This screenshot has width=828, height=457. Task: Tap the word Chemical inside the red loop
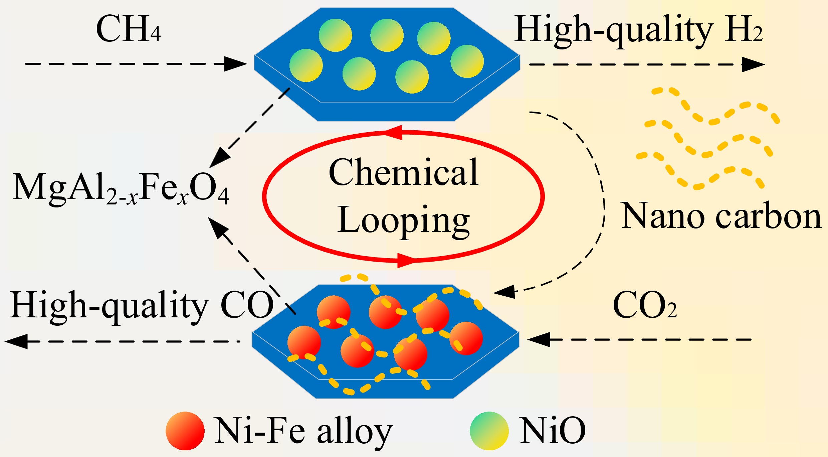pos(404,173)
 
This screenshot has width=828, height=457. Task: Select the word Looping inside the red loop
pos(404,221)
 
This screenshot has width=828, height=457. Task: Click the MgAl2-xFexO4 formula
pos(121,189)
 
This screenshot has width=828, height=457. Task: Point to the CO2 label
pos(645,305)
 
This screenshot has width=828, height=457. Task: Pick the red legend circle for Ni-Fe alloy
pos(185,431)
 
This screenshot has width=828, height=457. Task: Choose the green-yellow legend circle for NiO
pos(489,431)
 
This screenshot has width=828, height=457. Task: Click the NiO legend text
pos(553,431)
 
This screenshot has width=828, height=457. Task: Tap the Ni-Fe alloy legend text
pos(303,432)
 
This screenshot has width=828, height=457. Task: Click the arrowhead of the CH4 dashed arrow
pos(235,64)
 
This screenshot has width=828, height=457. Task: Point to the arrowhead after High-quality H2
pos(754,64)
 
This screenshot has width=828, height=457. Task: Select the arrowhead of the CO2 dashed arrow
pos(539,339)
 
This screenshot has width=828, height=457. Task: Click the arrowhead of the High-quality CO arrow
pos(16,341)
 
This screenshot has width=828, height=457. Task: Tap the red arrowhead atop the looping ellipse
pos(394,133)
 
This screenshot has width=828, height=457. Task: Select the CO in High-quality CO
pos(247,305)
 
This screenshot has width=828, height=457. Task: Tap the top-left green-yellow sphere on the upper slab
pos(335,35)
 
